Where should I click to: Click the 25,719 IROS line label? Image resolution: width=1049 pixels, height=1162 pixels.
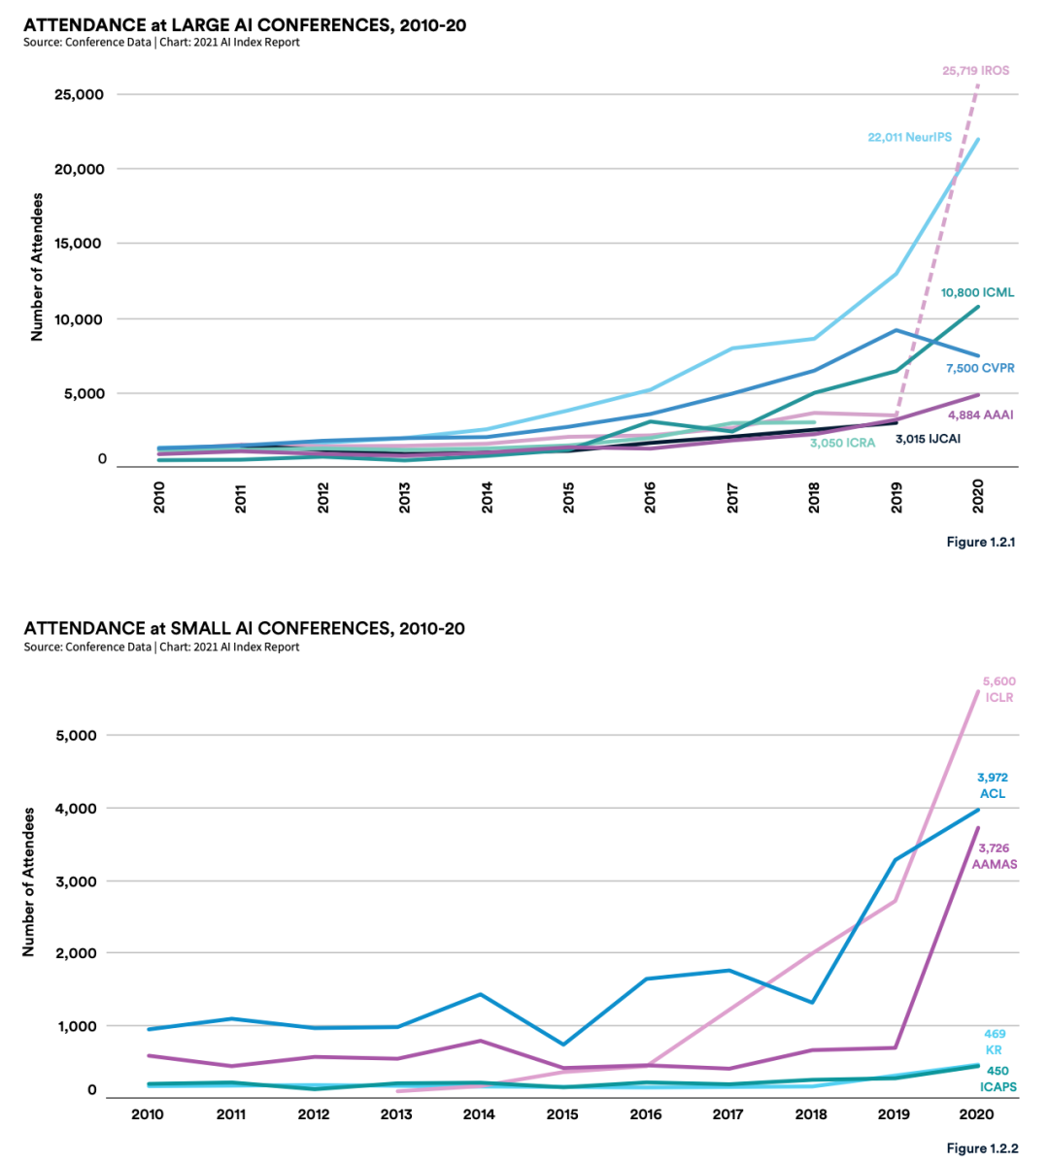pos(975,71)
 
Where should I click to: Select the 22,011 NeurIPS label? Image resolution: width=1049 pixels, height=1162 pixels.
pos(909,138)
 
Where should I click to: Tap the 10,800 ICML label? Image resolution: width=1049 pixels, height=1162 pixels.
pos(976,292)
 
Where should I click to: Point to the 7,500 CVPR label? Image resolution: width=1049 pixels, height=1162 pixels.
pos(980,369)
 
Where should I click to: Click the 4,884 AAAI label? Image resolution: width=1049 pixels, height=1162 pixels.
pos(980,415)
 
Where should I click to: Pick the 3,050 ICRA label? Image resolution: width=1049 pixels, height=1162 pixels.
pos(842,444)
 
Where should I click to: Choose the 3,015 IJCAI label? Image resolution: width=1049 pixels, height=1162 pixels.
pos(928,439)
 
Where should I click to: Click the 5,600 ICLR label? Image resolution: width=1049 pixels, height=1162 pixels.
pos(998,689)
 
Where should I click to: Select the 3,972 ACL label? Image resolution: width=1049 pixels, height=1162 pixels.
pos(993,785)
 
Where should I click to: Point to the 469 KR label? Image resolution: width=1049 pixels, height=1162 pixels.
pos(994,1042)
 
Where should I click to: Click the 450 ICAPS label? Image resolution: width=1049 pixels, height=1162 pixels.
pos(998,1079)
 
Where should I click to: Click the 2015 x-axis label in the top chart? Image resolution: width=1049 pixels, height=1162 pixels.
pos(569,498)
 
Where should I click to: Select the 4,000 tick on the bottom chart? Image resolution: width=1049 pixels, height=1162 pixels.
pos(76,809)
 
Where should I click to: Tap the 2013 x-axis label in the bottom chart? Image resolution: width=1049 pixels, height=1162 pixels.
pos(396,1114)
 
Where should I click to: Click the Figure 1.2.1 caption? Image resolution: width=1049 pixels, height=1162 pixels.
pos(981,542)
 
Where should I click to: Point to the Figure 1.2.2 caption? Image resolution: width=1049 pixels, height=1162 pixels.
pos(982,1148)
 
